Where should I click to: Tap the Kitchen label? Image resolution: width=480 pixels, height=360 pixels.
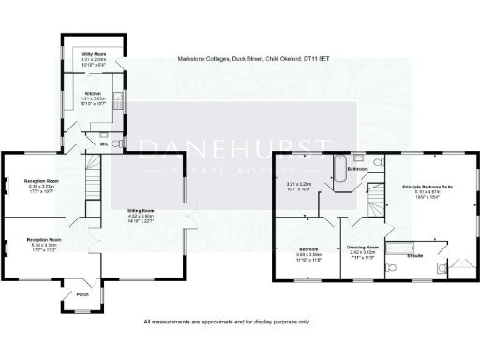point(91,93)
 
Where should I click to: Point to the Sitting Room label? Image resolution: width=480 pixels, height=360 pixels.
point(140,211)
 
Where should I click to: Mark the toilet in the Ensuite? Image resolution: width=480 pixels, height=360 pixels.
point(391,267)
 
